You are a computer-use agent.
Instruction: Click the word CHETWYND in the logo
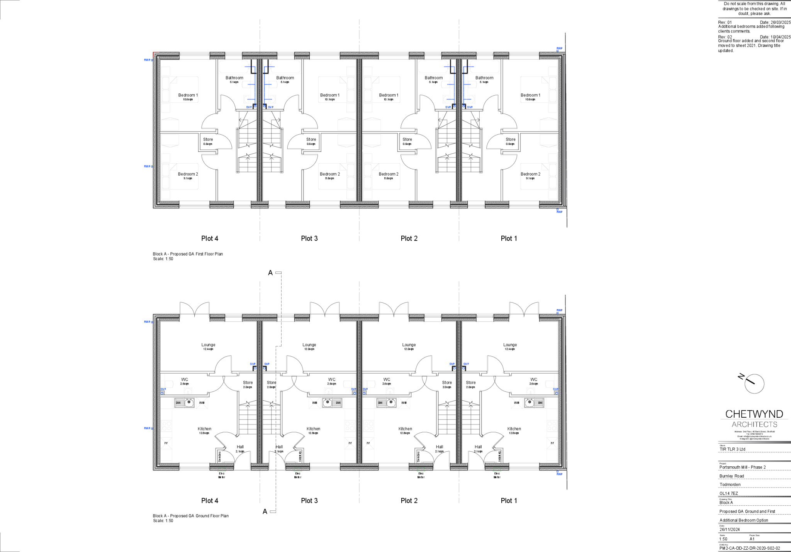click(x=754, y=414)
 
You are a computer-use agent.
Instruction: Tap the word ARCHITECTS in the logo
click(x=754, y=424)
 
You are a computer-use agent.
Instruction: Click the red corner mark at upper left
click(x=155, y=54)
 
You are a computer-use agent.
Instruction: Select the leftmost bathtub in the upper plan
click(x=234, y=67)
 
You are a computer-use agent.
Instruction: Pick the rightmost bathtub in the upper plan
click(x=484, y=67)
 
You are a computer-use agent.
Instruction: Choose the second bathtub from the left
click(x=285, y=67)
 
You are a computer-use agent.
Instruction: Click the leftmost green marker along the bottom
click(x=222, y=470)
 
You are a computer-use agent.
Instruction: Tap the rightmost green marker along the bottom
click(x=497, y=470)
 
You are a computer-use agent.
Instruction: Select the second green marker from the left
click(x=298, y=470)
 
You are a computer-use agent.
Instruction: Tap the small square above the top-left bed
click(x=166, y=71)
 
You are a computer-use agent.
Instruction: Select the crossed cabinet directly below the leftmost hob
click(x=166, y=444)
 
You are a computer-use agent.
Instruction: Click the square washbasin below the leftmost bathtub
click(x=248, y=99)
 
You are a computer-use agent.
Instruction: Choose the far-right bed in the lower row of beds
click(x=539, y=176)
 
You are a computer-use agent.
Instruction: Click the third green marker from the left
click(x=421, y=470)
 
